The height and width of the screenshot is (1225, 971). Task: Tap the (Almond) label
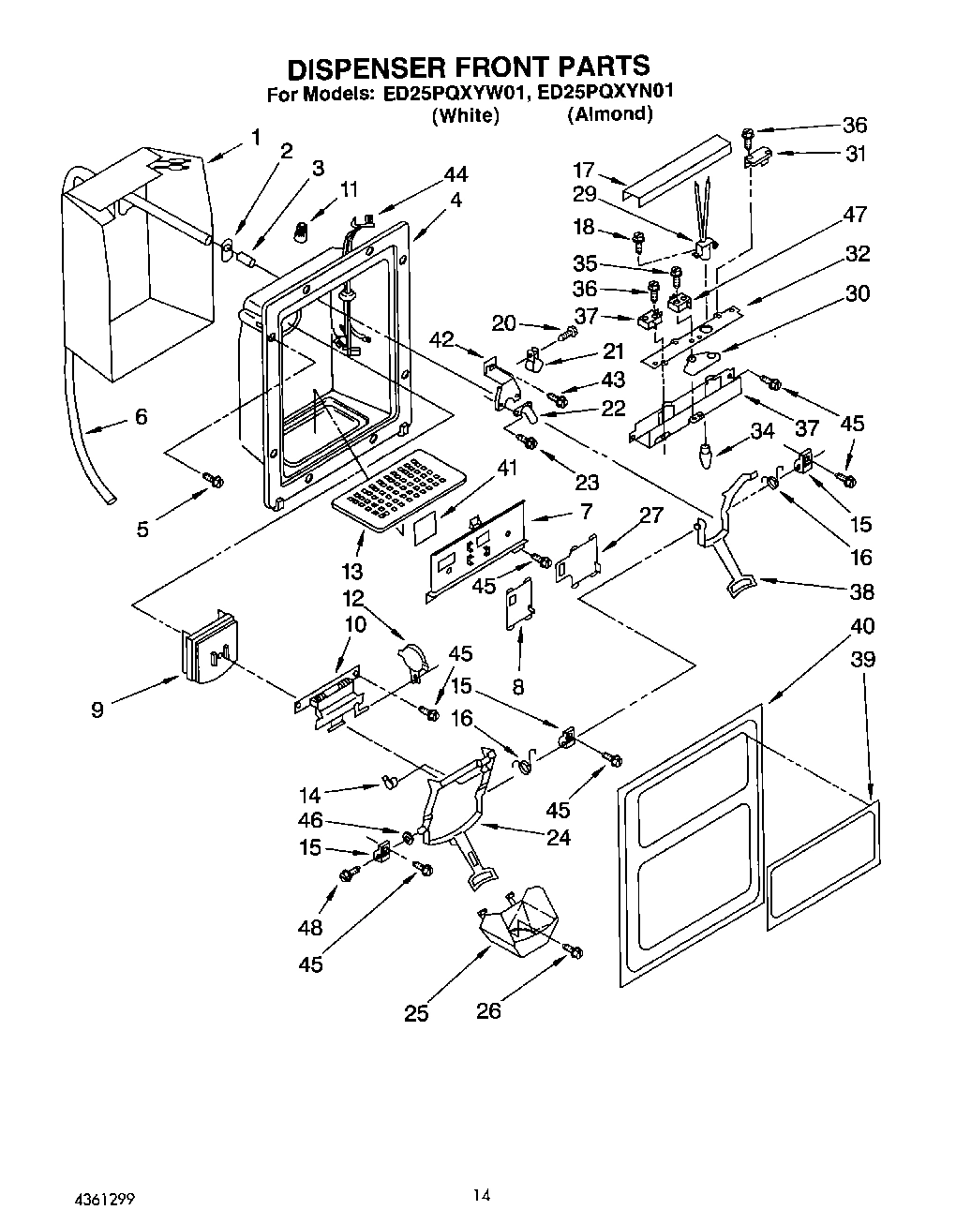click(609, 114)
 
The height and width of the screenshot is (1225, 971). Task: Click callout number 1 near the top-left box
click(255, 138)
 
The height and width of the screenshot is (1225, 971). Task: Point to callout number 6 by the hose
click(141, 416)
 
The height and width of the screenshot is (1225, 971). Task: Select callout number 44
click(456, 174)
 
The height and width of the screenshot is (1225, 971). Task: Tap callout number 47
click(855, 215)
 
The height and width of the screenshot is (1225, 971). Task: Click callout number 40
click(862, 626)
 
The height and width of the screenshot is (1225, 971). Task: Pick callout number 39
click(862, 659)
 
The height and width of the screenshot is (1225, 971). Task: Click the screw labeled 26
click(574, 952)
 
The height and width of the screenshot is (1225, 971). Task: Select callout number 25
click(416, 1013)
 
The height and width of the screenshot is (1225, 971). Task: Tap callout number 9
click(97, 710)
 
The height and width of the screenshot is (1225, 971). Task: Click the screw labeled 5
click(214, 481)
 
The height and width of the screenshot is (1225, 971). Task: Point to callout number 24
click(558, 837)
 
